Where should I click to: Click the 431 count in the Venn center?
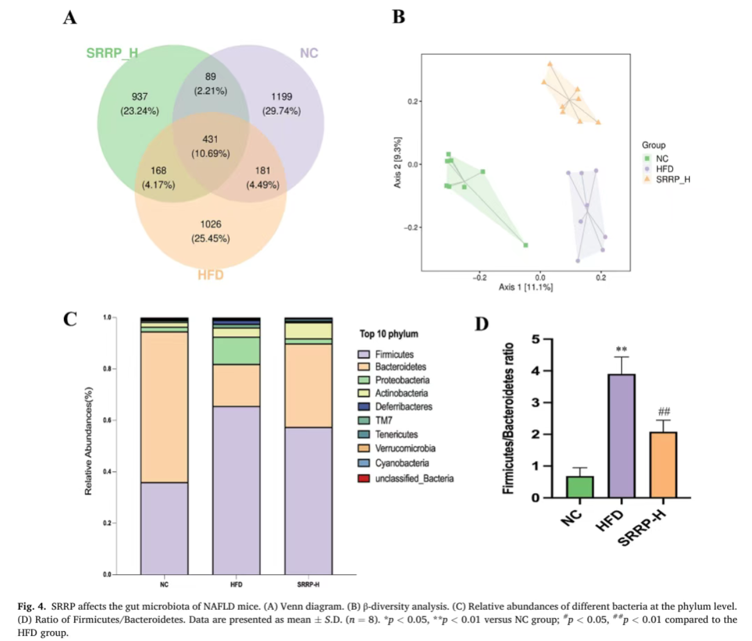click(210, 139)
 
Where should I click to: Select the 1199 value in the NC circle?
click(281, 97)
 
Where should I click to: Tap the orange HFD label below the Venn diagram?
click(210, 275)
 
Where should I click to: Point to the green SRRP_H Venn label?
click(112, 53)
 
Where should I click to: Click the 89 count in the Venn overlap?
click(210, 77)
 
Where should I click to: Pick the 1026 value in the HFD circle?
click(210, 224)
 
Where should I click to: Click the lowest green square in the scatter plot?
click(526, 245)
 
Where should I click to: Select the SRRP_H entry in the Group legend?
click(673, 180)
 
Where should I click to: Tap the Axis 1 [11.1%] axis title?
click(526, 287)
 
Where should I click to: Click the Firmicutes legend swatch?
click(364, 354)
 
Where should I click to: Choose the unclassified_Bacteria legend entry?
click(414, 479)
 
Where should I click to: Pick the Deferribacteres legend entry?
click(403, 407)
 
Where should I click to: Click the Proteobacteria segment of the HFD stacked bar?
click(236, 351)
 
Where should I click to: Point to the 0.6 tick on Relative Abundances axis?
click(107, 420)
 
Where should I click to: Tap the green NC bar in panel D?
click(580, 487)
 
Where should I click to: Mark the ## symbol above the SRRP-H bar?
click(664, 412)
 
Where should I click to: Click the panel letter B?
click(399, 17)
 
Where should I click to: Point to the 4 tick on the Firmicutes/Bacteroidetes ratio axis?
click(536, 371)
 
